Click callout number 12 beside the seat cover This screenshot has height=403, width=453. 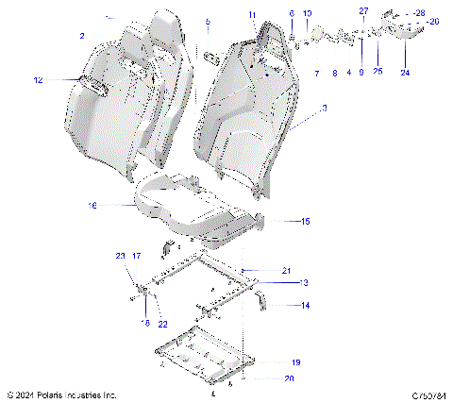(39, 81)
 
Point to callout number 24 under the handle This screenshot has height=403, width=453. (405, 72)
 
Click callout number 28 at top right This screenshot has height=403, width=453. (418, 10)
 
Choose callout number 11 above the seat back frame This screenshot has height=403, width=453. (252, 14)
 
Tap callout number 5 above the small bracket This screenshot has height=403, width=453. (208, 21)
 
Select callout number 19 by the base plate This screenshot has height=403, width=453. (295, 362)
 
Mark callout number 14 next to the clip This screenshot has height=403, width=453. (304, 305)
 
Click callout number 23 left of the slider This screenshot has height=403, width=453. (120, 256)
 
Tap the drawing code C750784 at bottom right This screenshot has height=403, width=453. (428, 394)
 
